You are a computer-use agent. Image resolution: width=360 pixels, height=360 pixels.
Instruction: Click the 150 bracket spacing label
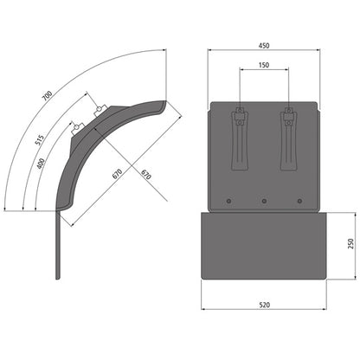pos(263,65)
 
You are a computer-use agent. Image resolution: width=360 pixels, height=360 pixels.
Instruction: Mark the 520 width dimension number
pos(263,305)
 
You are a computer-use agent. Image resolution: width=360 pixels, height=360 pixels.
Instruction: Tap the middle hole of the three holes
pos(263,202)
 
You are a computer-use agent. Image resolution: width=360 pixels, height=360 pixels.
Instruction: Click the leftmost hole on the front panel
pos(228,202)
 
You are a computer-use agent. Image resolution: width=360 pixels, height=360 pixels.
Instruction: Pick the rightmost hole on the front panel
pos(299,202)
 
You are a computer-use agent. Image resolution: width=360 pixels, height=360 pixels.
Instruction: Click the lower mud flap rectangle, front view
pos(263,246)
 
